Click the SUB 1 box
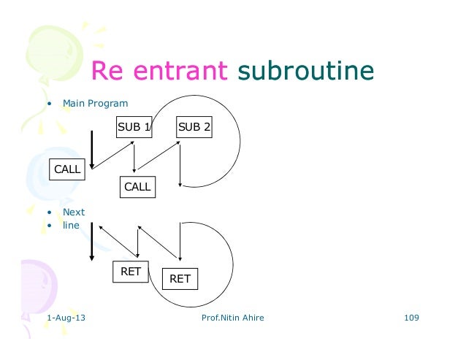point(134,127)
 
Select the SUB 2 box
point(194,127)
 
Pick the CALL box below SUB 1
point(137,186)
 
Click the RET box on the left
point(130,272)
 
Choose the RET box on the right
point(180,278)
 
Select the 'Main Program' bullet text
point(95,103)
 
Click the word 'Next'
point(74,212)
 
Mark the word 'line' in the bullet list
point(71,225)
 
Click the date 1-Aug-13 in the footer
point(65,318)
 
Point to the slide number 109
point(412,318)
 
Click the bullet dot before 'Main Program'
point(49,103)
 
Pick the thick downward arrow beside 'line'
point(92,241)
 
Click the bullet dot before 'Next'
point(49,213)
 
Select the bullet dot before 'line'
point(49,226)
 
